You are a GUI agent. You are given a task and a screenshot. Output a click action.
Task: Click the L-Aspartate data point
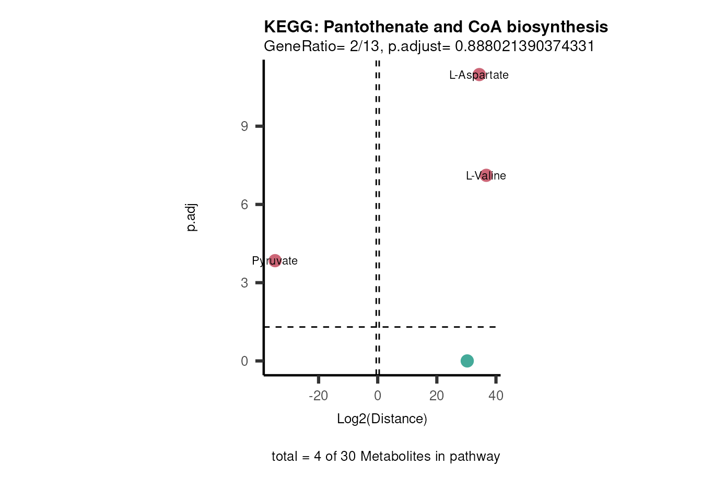pos(479,75)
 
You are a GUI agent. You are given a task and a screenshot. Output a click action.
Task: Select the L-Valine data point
pos(486,175)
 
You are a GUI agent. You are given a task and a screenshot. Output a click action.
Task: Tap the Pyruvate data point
pos(275,260)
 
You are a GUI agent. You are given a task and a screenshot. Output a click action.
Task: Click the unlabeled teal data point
pos(467,361)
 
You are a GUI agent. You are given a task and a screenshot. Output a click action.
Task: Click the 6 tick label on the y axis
pos(244,205)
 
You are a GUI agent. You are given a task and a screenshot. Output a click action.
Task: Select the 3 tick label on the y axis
pos(244,283)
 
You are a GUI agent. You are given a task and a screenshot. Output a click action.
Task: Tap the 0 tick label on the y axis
pos(244,361)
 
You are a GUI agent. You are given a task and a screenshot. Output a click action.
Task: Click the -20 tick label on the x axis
pos(318,396)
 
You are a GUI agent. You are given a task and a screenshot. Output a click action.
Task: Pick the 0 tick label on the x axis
pos(378,396)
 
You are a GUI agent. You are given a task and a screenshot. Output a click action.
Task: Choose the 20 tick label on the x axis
pos(437,396)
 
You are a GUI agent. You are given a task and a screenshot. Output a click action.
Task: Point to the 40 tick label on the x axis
pos(496,396)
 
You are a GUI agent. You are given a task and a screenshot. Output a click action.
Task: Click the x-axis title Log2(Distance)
pos(382,419)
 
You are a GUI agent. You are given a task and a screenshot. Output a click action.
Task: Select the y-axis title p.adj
pos(191,217)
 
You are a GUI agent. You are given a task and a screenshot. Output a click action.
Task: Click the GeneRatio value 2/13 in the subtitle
pos(364,46)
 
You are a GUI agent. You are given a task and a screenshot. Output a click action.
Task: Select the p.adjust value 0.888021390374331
pos(524,46)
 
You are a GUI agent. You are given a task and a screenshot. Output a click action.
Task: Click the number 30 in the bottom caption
pos(348,456)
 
